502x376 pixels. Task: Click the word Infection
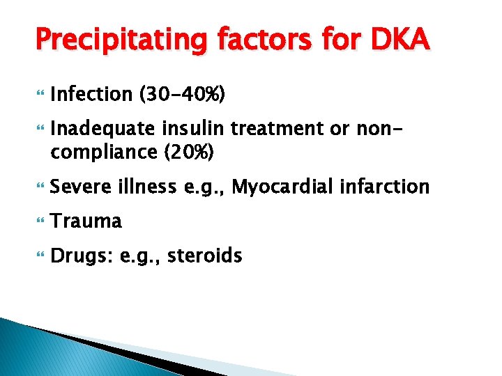click(x=91, y=95)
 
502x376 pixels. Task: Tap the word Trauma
click(x=86, y=221)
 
